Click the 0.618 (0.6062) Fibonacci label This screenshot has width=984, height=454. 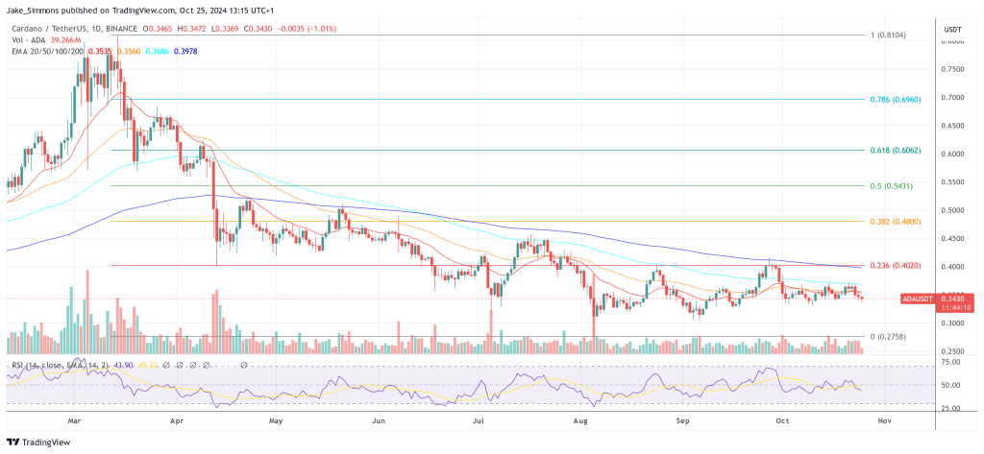pyautogui.click(x=898, y=150)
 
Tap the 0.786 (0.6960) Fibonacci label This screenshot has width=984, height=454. pyautogui.click(x=897, y=98)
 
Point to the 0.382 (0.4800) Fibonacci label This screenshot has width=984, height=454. pyautogui.click(x=898, y=221)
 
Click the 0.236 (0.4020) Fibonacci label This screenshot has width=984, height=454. pyautogui.click(x=898, y=266)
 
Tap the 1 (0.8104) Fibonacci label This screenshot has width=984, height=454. pyautogui.click(x=890, y=35)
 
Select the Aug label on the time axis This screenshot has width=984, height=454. pyautogui.click(x=580, y=420)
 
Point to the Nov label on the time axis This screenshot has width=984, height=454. pyautogui.click(x=884, y=420)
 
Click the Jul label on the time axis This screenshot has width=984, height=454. pyautogui.click(x=480, y=420)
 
